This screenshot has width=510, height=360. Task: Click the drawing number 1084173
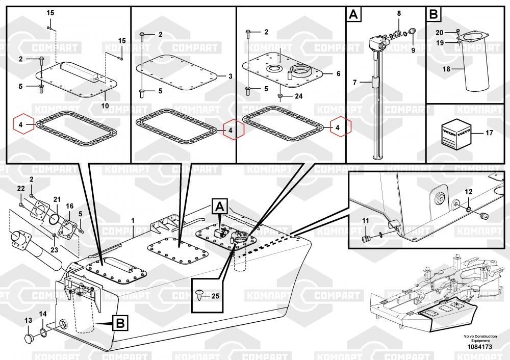tap(479, 347)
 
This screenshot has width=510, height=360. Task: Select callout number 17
tap(489, 134)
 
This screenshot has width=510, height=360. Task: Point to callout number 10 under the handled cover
tap(106, 106)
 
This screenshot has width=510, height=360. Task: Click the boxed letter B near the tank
tap(119, 322)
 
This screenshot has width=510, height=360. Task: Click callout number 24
tap(298, 96)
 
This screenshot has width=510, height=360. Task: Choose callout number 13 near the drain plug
tap(28, 321)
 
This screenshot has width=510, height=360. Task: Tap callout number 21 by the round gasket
tap(57, 199)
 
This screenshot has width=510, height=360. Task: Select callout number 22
tap(21, 189)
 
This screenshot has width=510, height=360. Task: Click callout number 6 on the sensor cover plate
tap(338, 73)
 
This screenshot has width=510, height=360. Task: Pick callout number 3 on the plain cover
tap(230, 76)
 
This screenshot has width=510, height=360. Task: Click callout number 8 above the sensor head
tap(399, 13)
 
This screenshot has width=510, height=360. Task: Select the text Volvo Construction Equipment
tap(480, 338)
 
